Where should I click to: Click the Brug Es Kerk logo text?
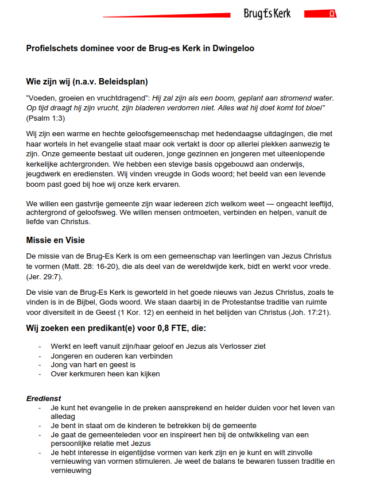click(267, 14)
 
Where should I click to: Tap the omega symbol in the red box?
click(332, 14)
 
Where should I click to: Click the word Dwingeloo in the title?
click(232, 48)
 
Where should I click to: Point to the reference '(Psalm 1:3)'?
click(45, 118)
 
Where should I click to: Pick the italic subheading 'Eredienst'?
click(44, 398)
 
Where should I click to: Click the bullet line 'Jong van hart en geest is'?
click(93, 365)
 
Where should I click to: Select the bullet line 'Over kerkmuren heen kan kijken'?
click(105, 374)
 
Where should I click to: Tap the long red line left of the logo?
click(166, 16)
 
